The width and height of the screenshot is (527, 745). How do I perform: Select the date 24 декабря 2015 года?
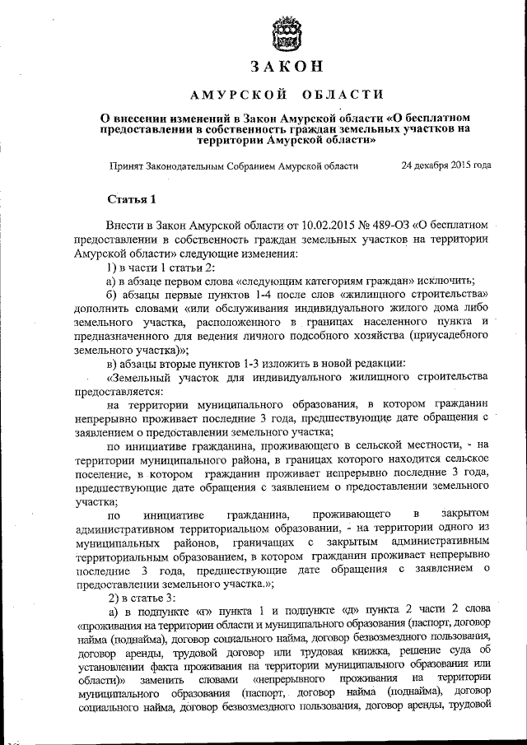445,165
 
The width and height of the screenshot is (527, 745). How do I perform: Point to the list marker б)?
113,294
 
